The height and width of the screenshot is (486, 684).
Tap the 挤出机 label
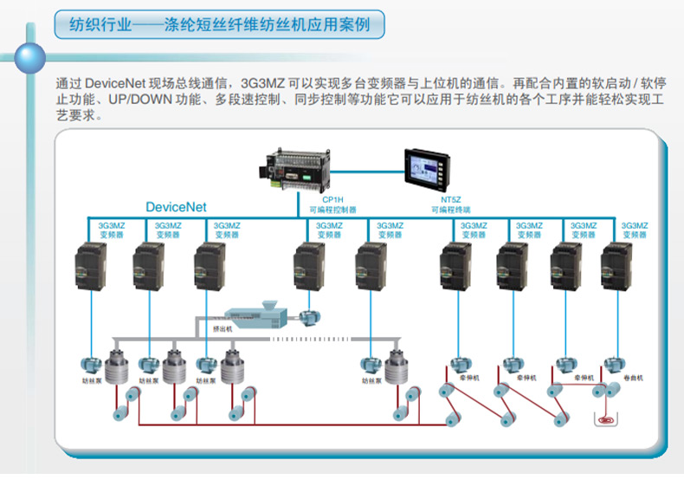pyautogui.click(x=223, y=329)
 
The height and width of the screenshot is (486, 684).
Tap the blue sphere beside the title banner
pyautogui.click(x=31, y=57)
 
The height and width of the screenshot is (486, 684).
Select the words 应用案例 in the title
pyautogui.click(x=340, y=23)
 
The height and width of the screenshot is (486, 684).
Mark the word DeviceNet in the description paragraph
pyautogui.click(x=116, y=84)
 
